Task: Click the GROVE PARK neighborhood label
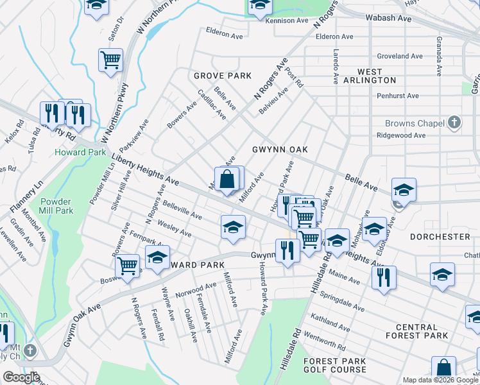[223, 76]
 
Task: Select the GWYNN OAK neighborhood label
[280, 150]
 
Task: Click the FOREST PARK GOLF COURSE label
[335, 366]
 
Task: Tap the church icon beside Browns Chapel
[454, 123]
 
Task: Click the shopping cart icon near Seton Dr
[110, 60]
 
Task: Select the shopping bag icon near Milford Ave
[227, 179]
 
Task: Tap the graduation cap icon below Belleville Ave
[233, 227]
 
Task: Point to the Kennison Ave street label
[287, 21]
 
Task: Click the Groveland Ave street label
[399, 56]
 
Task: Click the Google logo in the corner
[21, 377]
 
